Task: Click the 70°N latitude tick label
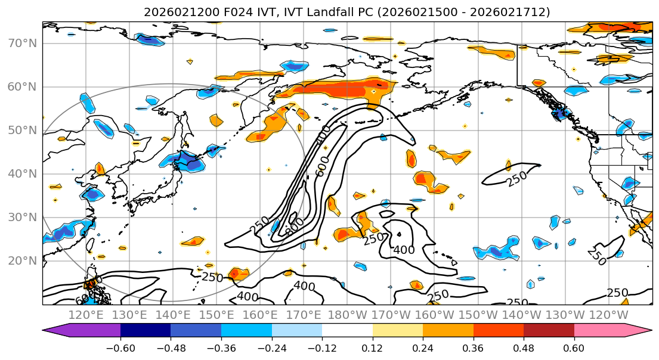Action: coord(21,44)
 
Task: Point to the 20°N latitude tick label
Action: coord(21,260)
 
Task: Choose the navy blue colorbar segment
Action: coord(145,331)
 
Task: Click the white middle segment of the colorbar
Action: coord(346,331)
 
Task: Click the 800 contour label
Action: coord(295,226)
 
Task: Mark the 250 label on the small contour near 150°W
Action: coord(516,178)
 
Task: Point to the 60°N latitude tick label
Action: coord(21,87)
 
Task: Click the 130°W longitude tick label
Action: coord(568,314)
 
